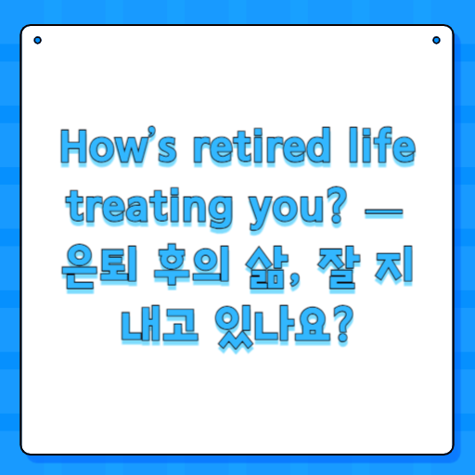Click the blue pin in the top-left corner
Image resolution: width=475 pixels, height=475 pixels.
click(x=37, y=40)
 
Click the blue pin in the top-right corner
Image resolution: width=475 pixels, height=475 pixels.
click(x=436, y=40)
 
